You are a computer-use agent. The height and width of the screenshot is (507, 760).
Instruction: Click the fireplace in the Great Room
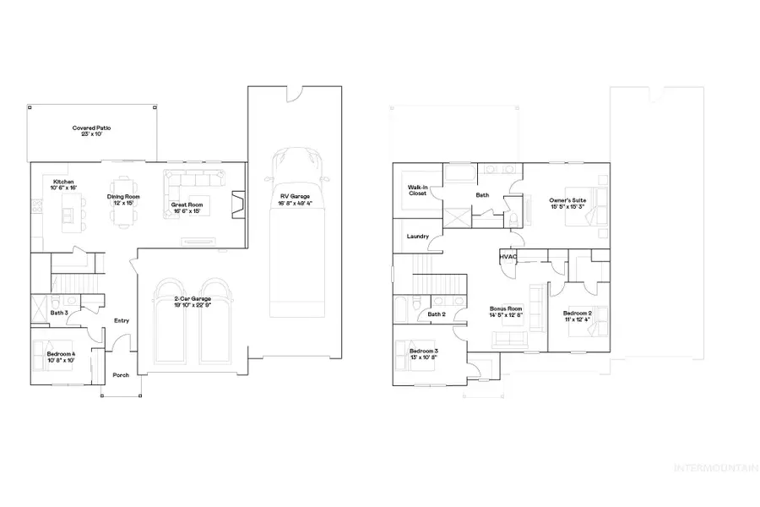tap(238, 203)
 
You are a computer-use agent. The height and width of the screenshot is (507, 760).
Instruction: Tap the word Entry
tap(121, 320)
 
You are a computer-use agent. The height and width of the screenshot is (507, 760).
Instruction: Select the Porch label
tap(121, 374)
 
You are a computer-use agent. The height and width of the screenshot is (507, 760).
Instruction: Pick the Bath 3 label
tap(58, 313)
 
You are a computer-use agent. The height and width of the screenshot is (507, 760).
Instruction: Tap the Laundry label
tap(418, 237)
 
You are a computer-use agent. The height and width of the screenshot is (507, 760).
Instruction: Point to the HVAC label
tap(508, 256)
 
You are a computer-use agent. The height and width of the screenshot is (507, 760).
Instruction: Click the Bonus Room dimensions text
tap(507, 315)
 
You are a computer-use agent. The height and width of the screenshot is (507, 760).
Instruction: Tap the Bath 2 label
tap(436, 314)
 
